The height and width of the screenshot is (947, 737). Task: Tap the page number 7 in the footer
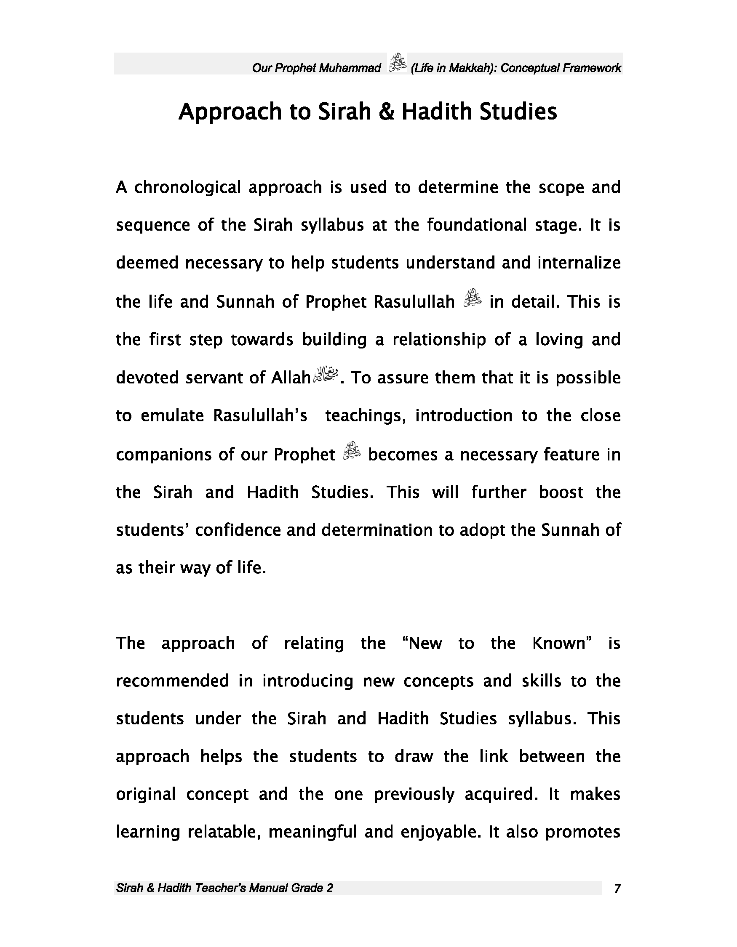(x=617, y=889)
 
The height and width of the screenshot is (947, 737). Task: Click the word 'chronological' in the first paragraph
(x=187, y=187)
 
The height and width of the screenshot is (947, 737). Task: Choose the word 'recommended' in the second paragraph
(x=172, y=681)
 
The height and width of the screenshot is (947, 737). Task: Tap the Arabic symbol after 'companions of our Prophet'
(x=352, y=451)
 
